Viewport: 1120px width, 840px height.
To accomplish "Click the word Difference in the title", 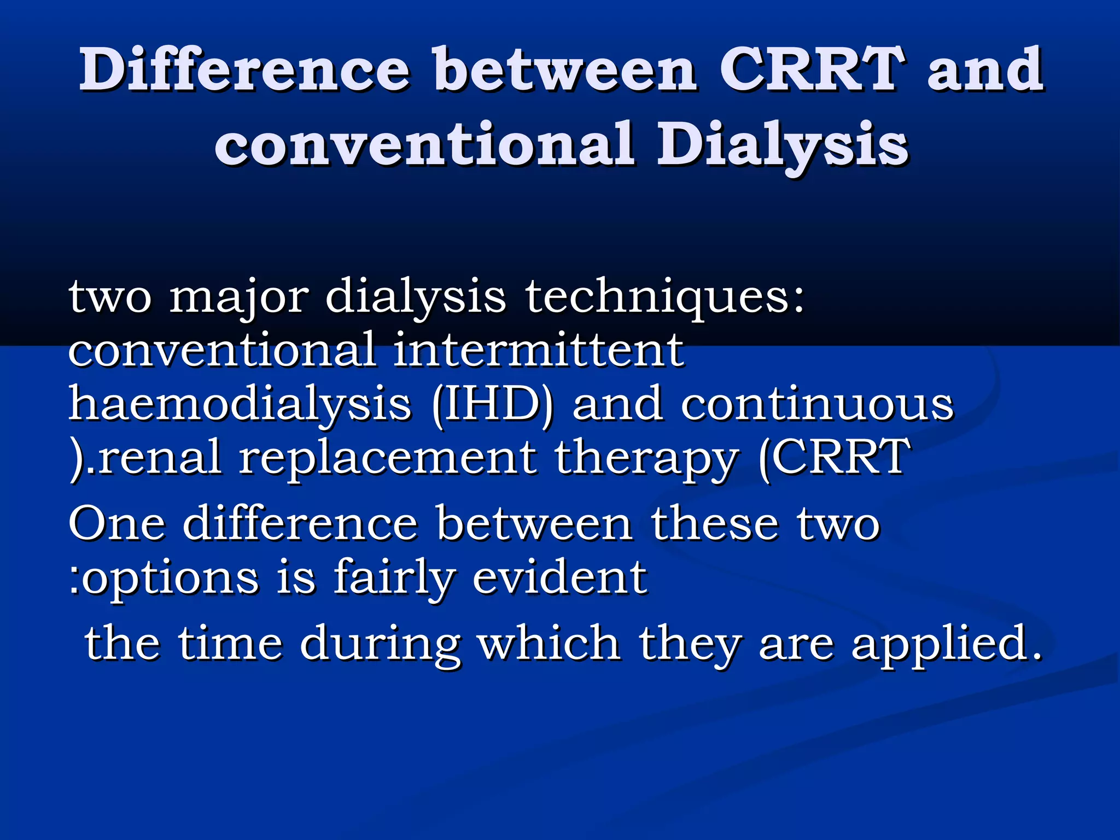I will point(244,70).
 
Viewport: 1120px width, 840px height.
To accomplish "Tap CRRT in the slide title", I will point(809,70).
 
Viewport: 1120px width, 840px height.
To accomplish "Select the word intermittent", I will point(538,350).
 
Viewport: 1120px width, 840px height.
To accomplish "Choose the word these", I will point(714,524).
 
